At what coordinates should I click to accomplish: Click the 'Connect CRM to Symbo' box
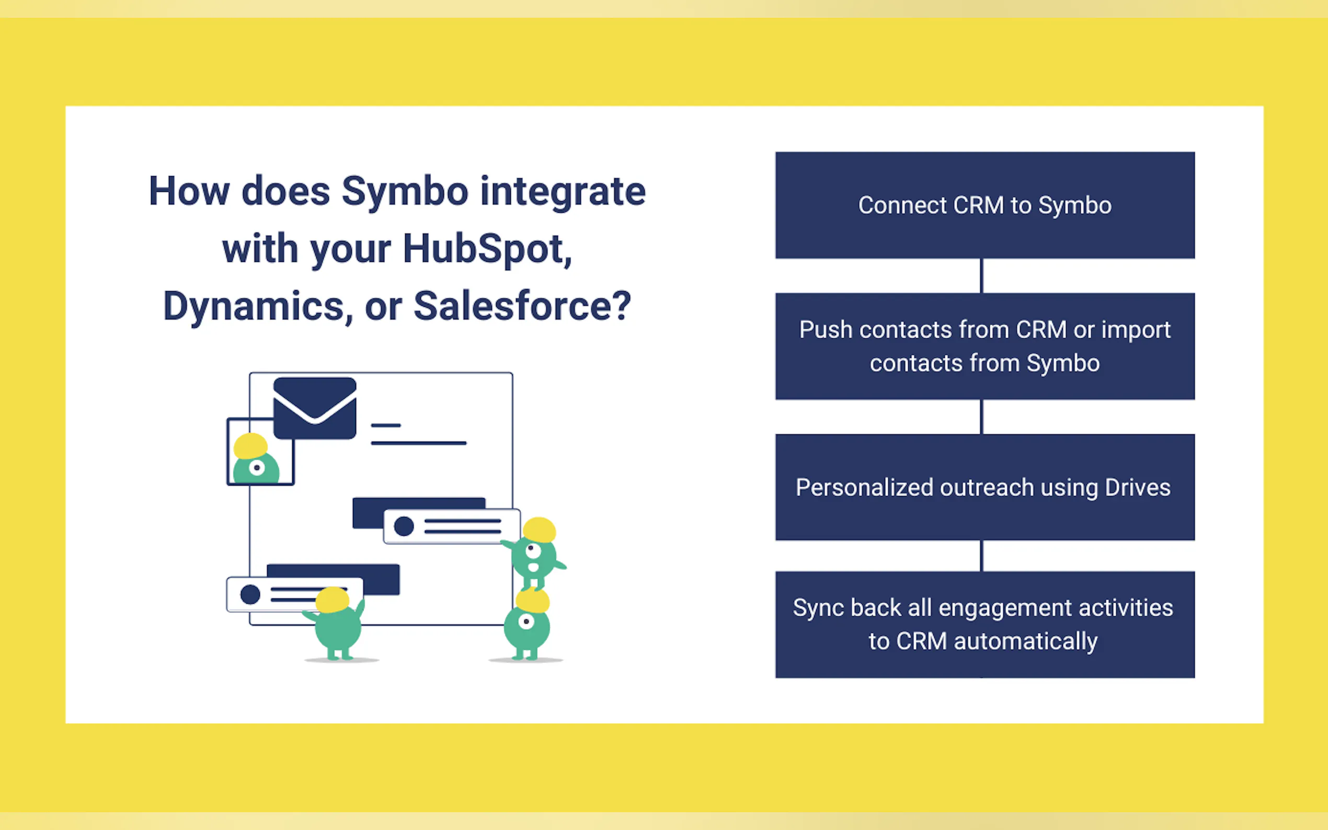(984, 205)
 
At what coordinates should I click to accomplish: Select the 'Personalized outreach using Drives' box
(984, 487)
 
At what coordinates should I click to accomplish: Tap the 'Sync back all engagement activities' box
(984, 624)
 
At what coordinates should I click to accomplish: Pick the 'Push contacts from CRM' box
(984, 346)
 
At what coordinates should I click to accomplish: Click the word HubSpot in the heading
(486, 249)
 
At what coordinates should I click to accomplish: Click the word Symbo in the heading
(405, 192)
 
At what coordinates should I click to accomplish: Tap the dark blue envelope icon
(315, 408)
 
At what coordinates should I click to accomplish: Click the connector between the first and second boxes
(981, 275)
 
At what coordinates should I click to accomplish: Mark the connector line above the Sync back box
(981, 556)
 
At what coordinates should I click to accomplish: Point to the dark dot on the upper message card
(404, 526)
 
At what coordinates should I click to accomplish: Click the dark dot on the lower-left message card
(250, 594)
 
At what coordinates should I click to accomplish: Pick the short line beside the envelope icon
(385, 425)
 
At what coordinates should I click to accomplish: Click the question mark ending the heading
(621, 306)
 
